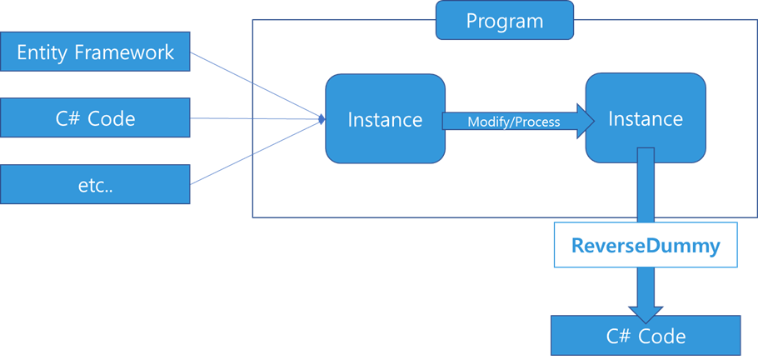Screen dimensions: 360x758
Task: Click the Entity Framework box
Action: click(x=96, y=52)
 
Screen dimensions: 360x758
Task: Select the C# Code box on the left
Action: click(x=96, y=118)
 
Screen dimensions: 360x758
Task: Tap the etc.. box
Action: click(x=96, y=185)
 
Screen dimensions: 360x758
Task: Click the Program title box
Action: click(x=504, y=21)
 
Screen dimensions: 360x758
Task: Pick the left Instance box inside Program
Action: click(x=384, y=118)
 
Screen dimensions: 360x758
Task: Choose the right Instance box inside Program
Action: click(x=645, y=118)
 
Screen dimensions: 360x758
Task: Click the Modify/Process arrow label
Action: click(x=513, y=122)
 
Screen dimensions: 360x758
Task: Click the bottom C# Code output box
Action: click(x=646, y=335)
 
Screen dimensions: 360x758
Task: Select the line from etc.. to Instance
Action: click(x=258, y=152)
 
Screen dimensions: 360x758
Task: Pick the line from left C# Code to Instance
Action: click(x=258, y=119)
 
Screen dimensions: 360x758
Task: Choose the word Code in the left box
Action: click(x=112, y=119)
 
